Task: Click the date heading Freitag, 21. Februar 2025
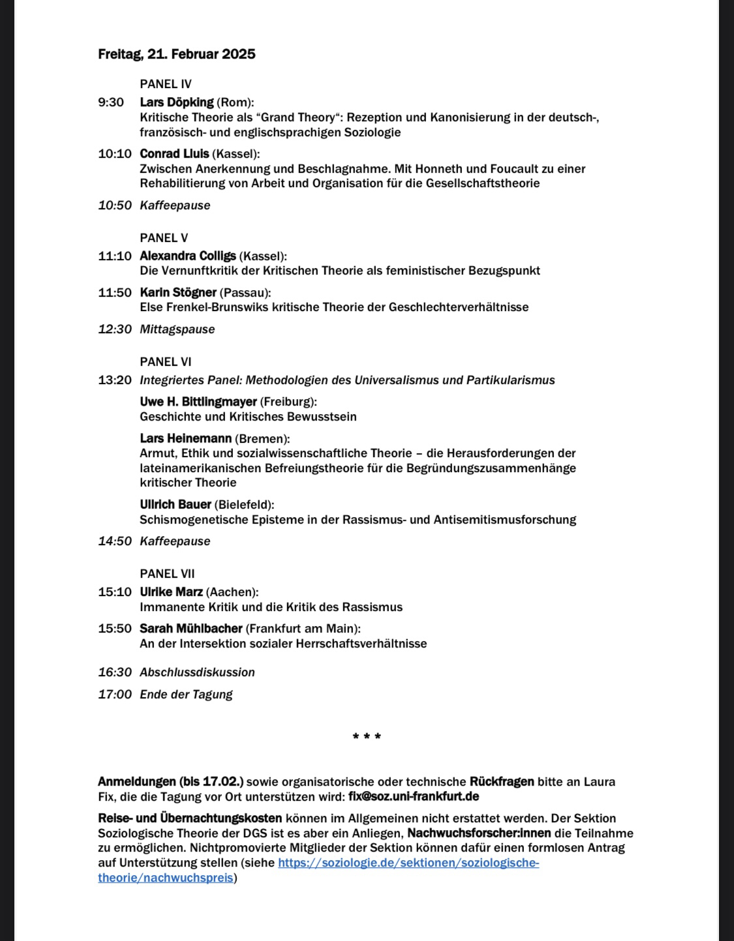176,54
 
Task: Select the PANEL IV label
165,84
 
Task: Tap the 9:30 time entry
111,102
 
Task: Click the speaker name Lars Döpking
176,102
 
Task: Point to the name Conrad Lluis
174,154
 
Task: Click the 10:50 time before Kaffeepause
115,205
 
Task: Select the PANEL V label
164,238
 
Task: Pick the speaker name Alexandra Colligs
188,256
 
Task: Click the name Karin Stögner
177,293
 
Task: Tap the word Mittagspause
177,329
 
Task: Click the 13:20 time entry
115,380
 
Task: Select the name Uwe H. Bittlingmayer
198,402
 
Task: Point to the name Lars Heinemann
185,439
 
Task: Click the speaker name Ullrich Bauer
176,505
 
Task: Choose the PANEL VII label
167,574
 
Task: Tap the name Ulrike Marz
171,592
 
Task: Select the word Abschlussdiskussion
197,672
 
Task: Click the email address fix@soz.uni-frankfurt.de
414,796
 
